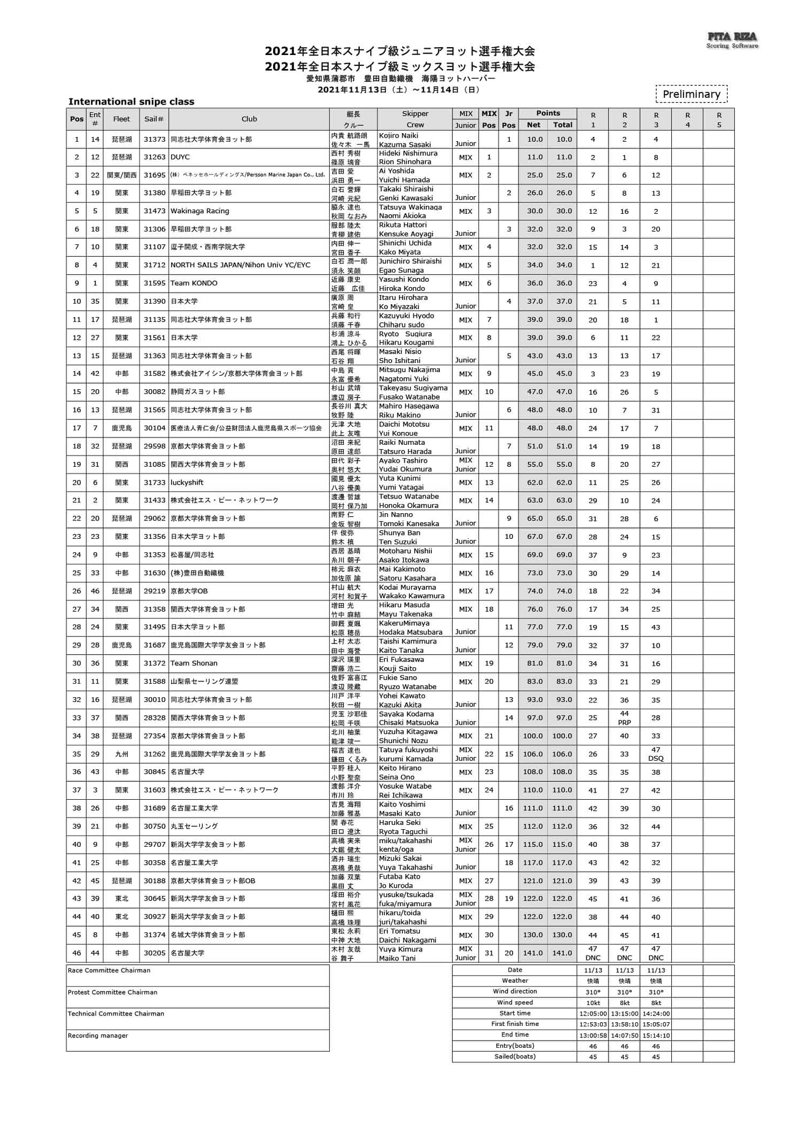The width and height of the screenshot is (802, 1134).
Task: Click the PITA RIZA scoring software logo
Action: tap(732, 40)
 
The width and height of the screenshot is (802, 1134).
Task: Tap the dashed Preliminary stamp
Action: tap(691, 94)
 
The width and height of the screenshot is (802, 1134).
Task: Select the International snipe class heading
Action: tap(131, 101)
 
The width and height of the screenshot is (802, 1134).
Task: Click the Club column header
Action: tap(249, 119)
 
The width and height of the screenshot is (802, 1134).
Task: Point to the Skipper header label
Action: tap(415, 114)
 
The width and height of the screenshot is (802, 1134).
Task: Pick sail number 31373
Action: tap(155, 139)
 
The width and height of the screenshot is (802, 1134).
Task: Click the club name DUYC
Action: tap(180, 157)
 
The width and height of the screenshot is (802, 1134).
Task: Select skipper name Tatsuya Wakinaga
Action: tap(410, 207)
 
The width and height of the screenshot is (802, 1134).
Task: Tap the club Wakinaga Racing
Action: tap(200, 211)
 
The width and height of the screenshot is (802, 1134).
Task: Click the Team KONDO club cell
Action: tap(194, 283)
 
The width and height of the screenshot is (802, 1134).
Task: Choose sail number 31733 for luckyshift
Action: tap(155, 483)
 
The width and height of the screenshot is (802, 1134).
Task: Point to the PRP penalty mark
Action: tap(624, 722)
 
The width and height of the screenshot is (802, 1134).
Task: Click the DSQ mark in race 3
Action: tap(655, 758)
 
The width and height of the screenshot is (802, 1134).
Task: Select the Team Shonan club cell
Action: tap(194, 664)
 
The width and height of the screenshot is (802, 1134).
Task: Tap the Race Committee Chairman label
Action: tap(109, 970)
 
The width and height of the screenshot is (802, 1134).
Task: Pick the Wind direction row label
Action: tap(515, 992)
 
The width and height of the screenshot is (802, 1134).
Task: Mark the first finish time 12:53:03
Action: tap(592, 1024)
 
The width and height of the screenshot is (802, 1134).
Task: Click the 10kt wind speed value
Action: tap(592, 1003)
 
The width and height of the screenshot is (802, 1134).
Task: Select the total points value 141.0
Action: tap(562, 953)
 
